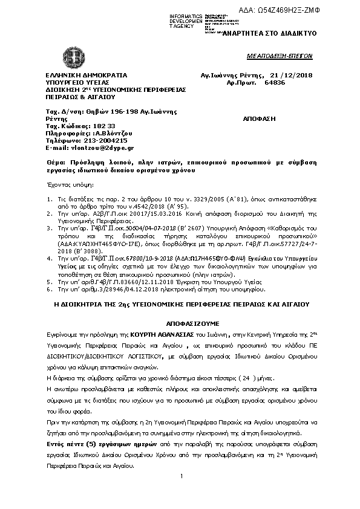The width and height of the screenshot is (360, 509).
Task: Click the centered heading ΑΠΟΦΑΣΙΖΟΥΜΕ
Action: point(180,323)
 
